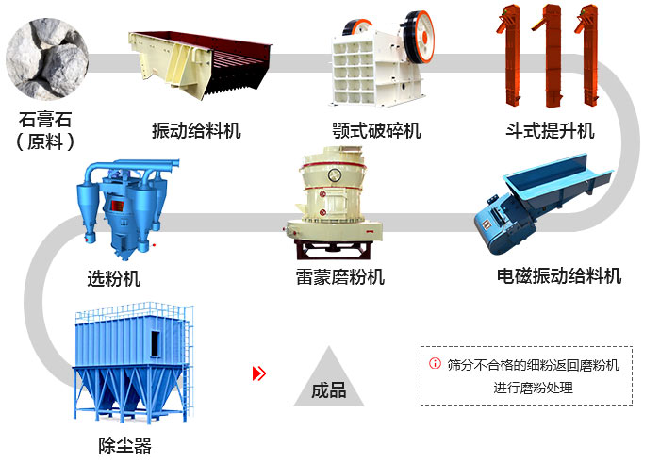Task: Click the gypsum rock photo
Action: click(47, 58)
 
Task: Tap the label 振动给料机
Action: click(196, 130)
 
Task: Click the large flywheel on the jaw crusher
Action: click(418, 37)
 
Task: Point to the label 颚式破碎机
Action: click(377, 130)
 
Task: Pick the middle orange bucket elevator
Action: click(550, 56)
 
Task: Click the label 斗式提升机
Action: click(550, 130)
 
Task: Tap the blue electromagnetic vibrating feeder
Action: click(543, 204)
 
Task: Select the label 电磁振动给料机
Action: click(559, 276)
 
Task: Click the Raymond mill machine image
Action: click(334, 203)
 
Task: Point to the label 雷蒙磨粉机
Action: click(340, 277)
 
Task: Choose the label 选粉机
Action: click(114, 279)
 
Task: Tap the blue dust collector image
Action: click(133, 362)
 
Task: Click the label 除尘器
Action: click(125, 445)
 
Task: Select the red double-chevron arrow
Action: click(259, 373)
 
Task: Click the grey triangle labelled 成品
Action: click(329, 381)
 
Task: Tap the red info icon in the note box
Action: click(435, 363)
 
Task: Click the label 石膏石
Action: click(45, 120)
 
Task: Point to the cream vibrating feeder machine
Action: click(200, 64)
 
